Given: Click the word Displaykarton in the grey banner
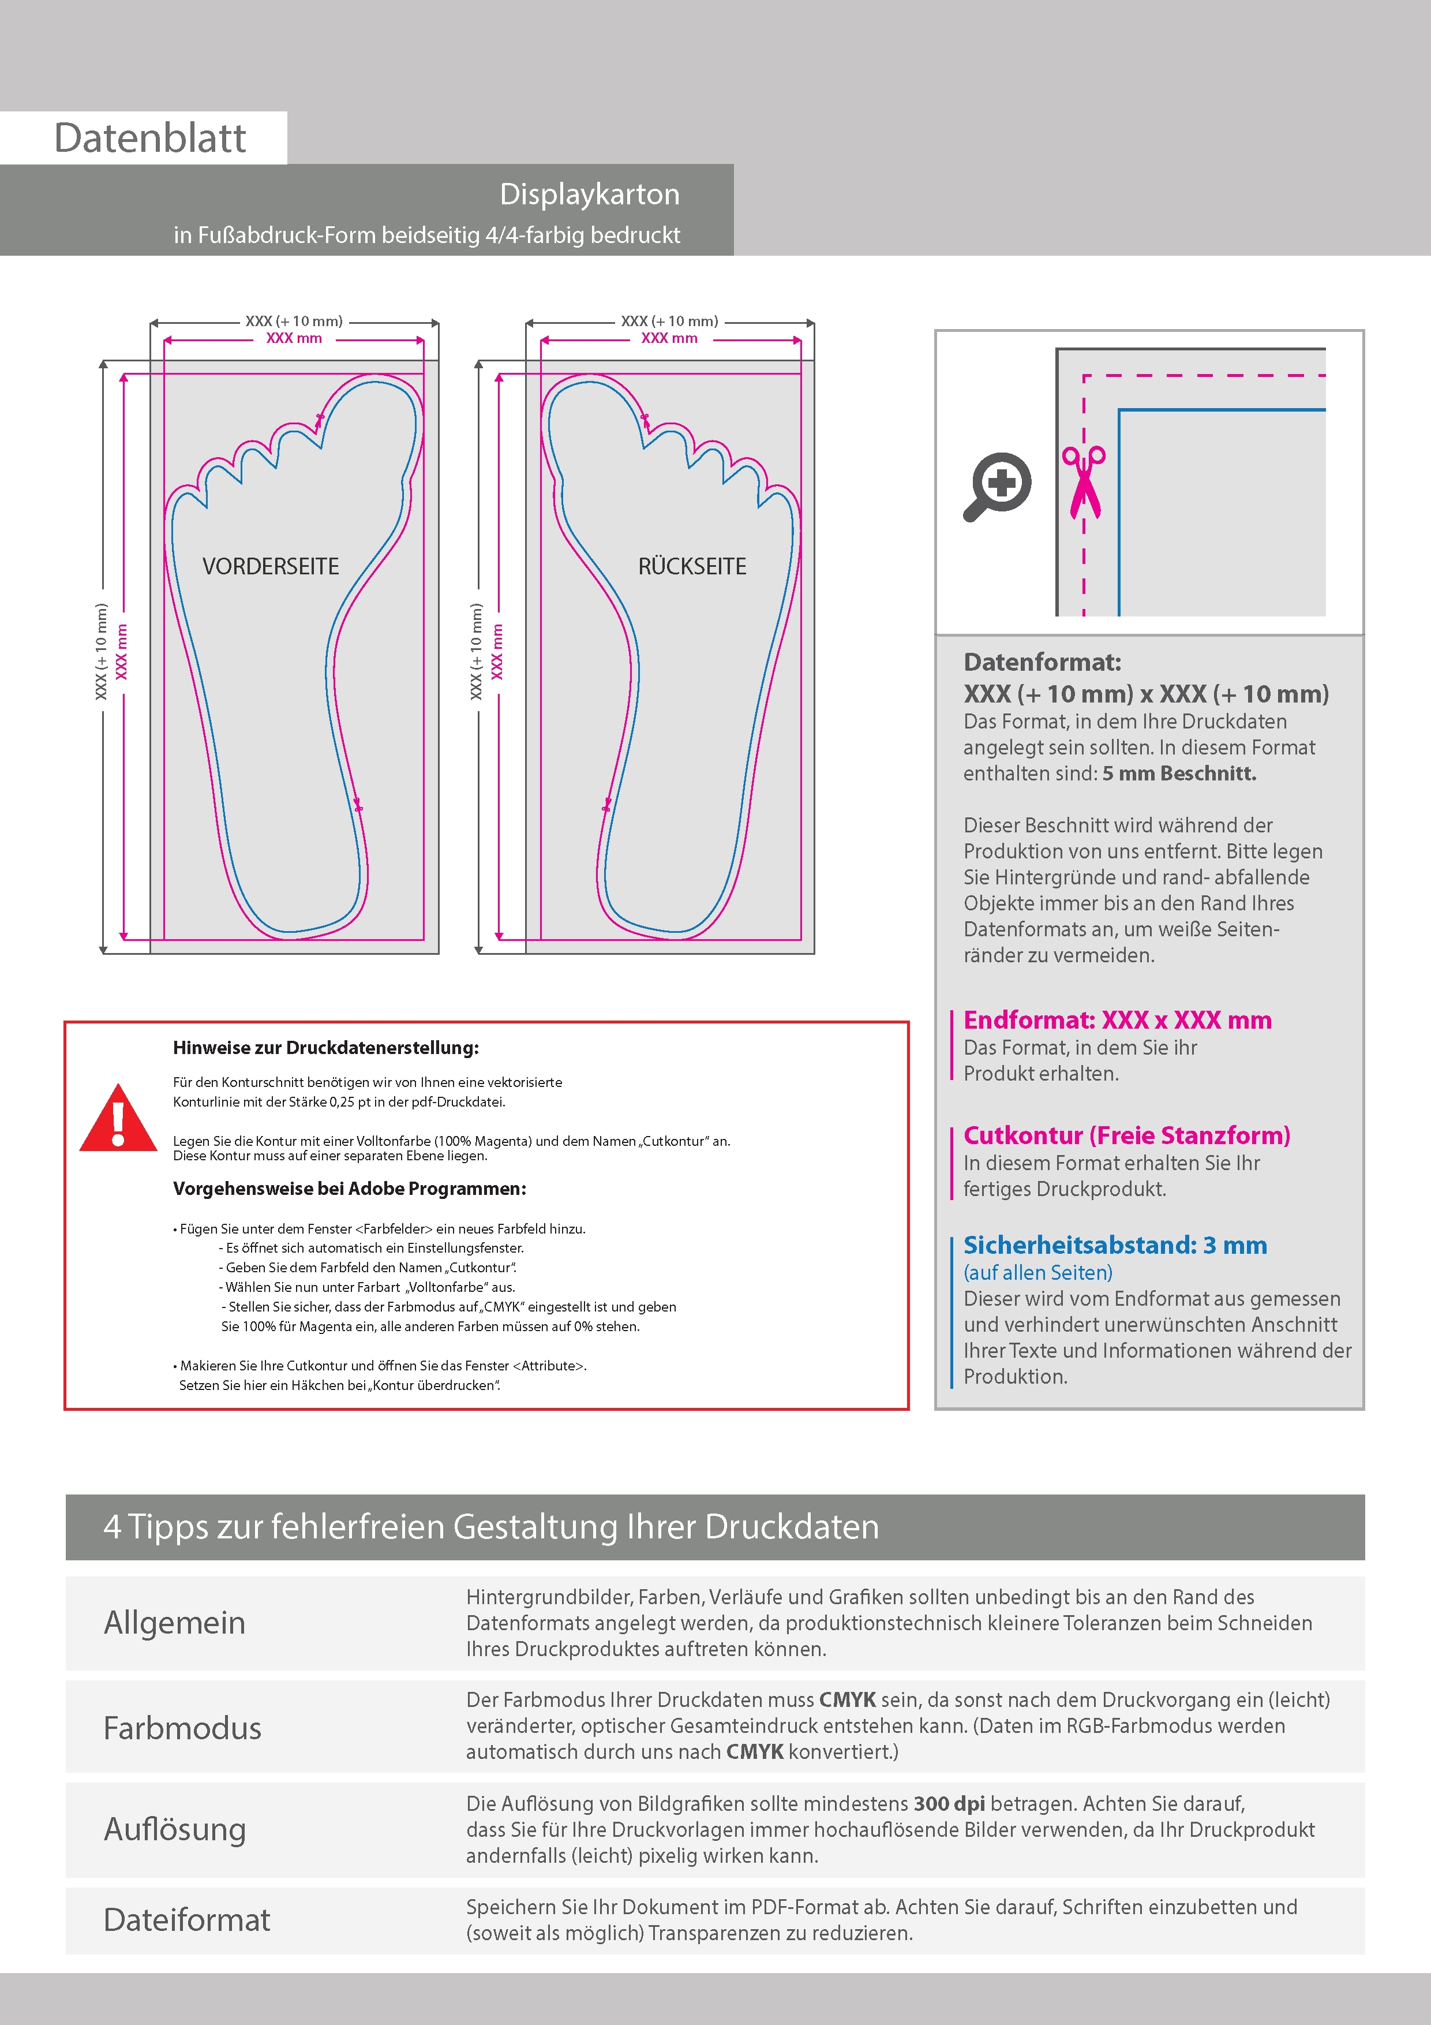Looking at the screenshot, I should (x=589, y=194).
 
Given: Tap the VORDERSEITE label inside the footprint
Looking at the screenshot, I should (x=271, y=566).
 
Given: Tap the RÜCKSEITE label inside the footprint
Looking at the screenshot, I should (x=692, y=566).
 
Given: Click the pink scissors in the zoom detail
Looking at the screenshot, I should (x=1084, y=481).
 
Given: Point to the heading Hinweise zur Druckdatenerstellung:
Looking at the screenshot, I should (x=325, y=1048).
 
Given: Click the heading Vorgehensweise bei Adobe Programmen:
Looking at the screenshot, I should (x=349, y=1188).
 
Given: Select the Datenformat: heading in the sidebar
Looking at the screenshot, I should (x=1042, y=662).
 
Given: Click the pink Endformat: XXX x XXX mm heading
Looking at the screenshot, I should (x=1117, y=1021).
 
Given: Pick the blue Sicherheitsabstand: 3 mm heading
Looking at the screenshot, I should (x=1114, y=1245).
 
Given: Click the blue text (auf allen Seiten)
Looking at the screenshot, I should (x=1037, y=1273).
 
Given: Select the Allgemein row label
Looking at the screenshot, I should (x=175, y=1623).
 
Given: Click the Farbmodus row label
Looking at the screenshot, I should (x=182, y=1728).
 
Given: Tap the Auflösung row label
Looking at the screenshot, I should (x=175, y=1829).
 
